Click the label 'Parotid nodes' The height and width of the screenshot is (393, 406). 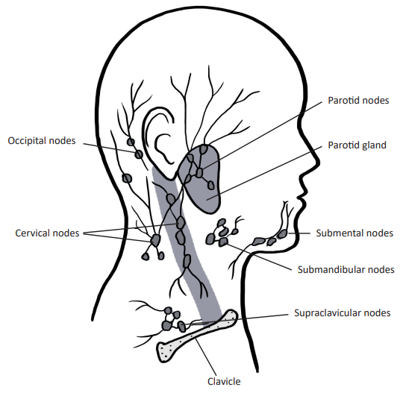point(358,101)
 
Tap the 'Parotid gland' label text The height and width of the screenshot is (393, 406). point(357,145)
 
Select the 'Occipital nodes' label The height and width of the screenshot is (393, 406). point(42,141)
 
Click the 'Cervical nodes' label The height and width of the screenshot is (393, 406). point(47,233)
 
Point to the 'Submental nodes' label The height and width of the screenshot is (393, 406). point(355,233)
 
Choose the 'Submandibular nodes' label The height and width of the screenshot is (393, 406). point(346,270)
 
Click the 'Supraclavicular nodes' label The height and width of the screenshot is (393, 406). point(343,313)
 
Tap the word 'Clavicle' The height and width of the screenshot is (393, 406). point(224,381)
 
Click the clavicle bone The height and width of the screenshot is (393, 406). point(197,336)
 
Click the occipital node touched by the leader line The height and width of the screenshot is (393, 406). point(139,154)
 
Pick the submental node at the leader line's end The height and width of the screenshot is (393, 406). point(282,233)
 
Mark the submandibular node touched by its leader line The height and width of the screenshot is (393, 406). point(223,242)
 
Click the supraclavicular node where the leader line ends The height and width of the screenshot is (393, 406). point(182,326)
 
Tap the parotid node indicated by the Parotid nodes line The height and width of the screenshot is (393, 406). point(199,173)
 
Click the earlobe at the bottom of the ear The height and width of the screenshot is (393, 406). point(170,177)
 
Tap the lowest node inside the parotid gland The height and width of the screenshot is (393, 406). point(211,185)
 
